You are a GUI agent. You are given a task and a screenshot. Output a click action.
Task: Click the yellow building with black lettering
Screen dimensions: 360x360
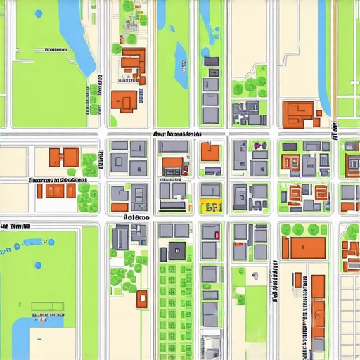[211, 206]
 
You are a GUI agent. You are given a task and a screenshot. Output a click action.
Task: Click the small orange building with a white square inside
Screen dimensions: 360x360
[141, 298]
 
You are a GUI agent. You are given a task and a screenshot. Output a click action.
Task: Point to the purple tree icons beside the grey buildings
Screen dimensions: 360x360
[259, 145]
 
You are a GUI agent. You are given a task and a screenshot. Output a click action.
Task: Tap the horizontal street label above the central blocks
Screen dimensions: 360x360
[177, 134]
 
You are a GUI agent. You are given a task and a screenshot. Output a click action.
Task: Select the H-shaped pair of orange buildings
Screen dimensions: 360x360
[63, 157]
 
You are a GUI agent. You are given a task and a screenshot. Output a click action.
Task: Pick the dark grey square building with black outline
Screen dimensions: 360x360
[176, 250]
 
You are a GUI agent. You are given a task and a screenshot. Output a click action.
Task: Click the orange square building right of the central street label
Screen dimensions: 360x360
[210, 152]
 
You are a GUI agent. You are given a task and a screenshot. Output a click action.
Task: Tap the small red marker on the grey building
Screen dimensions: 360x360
[217, 236]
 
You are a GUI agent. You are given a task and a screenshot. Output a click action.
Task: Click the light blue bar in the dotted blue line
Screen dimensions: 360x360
[31, 243]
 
